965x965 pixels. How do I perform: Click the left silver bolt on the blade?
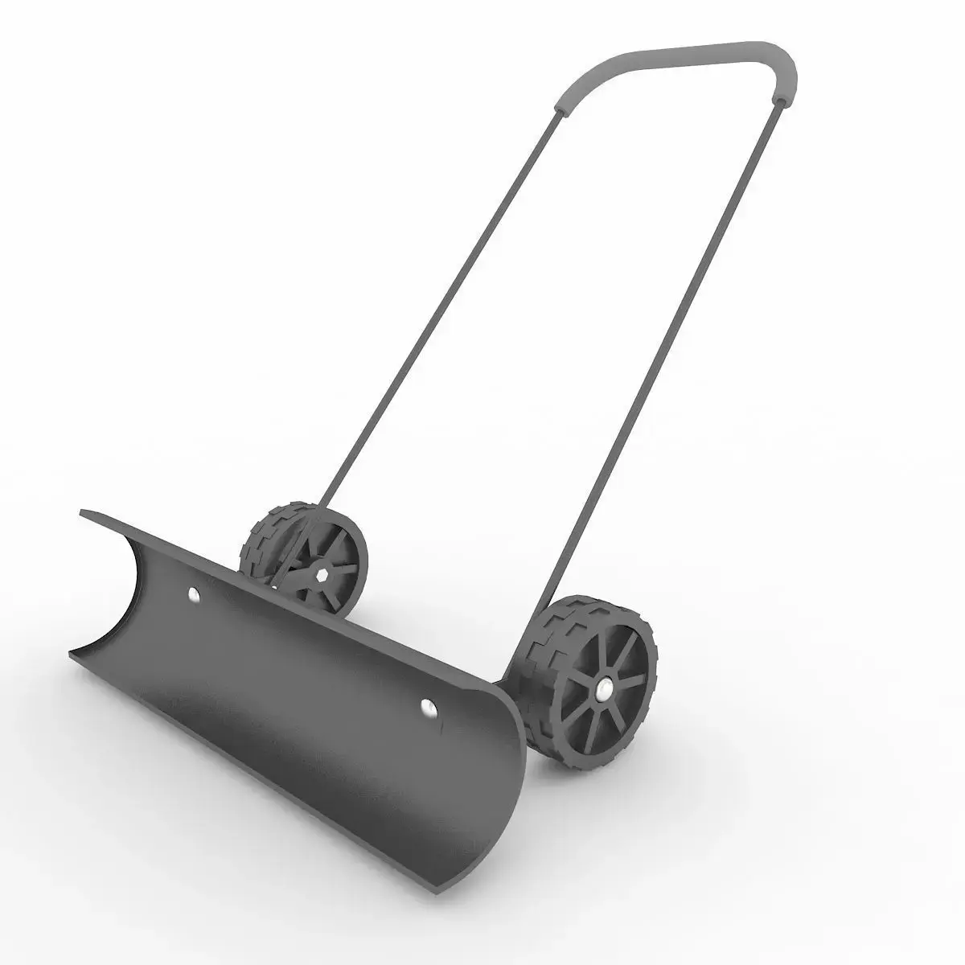[x=193, y=595]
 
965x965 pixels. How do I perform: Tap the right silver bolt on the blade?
[x=426, y=706]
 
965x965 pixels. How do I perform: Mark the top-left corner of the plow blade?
[x=83, y=511]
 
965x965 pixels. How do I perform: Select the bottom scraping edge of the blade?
[x=265, y=772]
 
